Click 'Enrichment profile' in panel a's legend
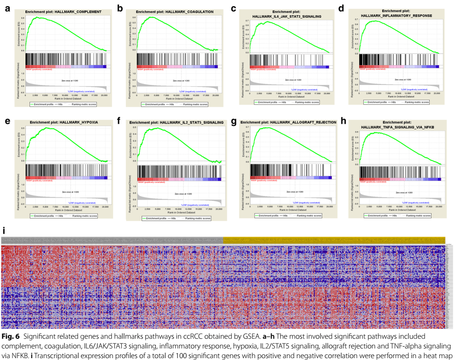(x=42, y=104)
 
